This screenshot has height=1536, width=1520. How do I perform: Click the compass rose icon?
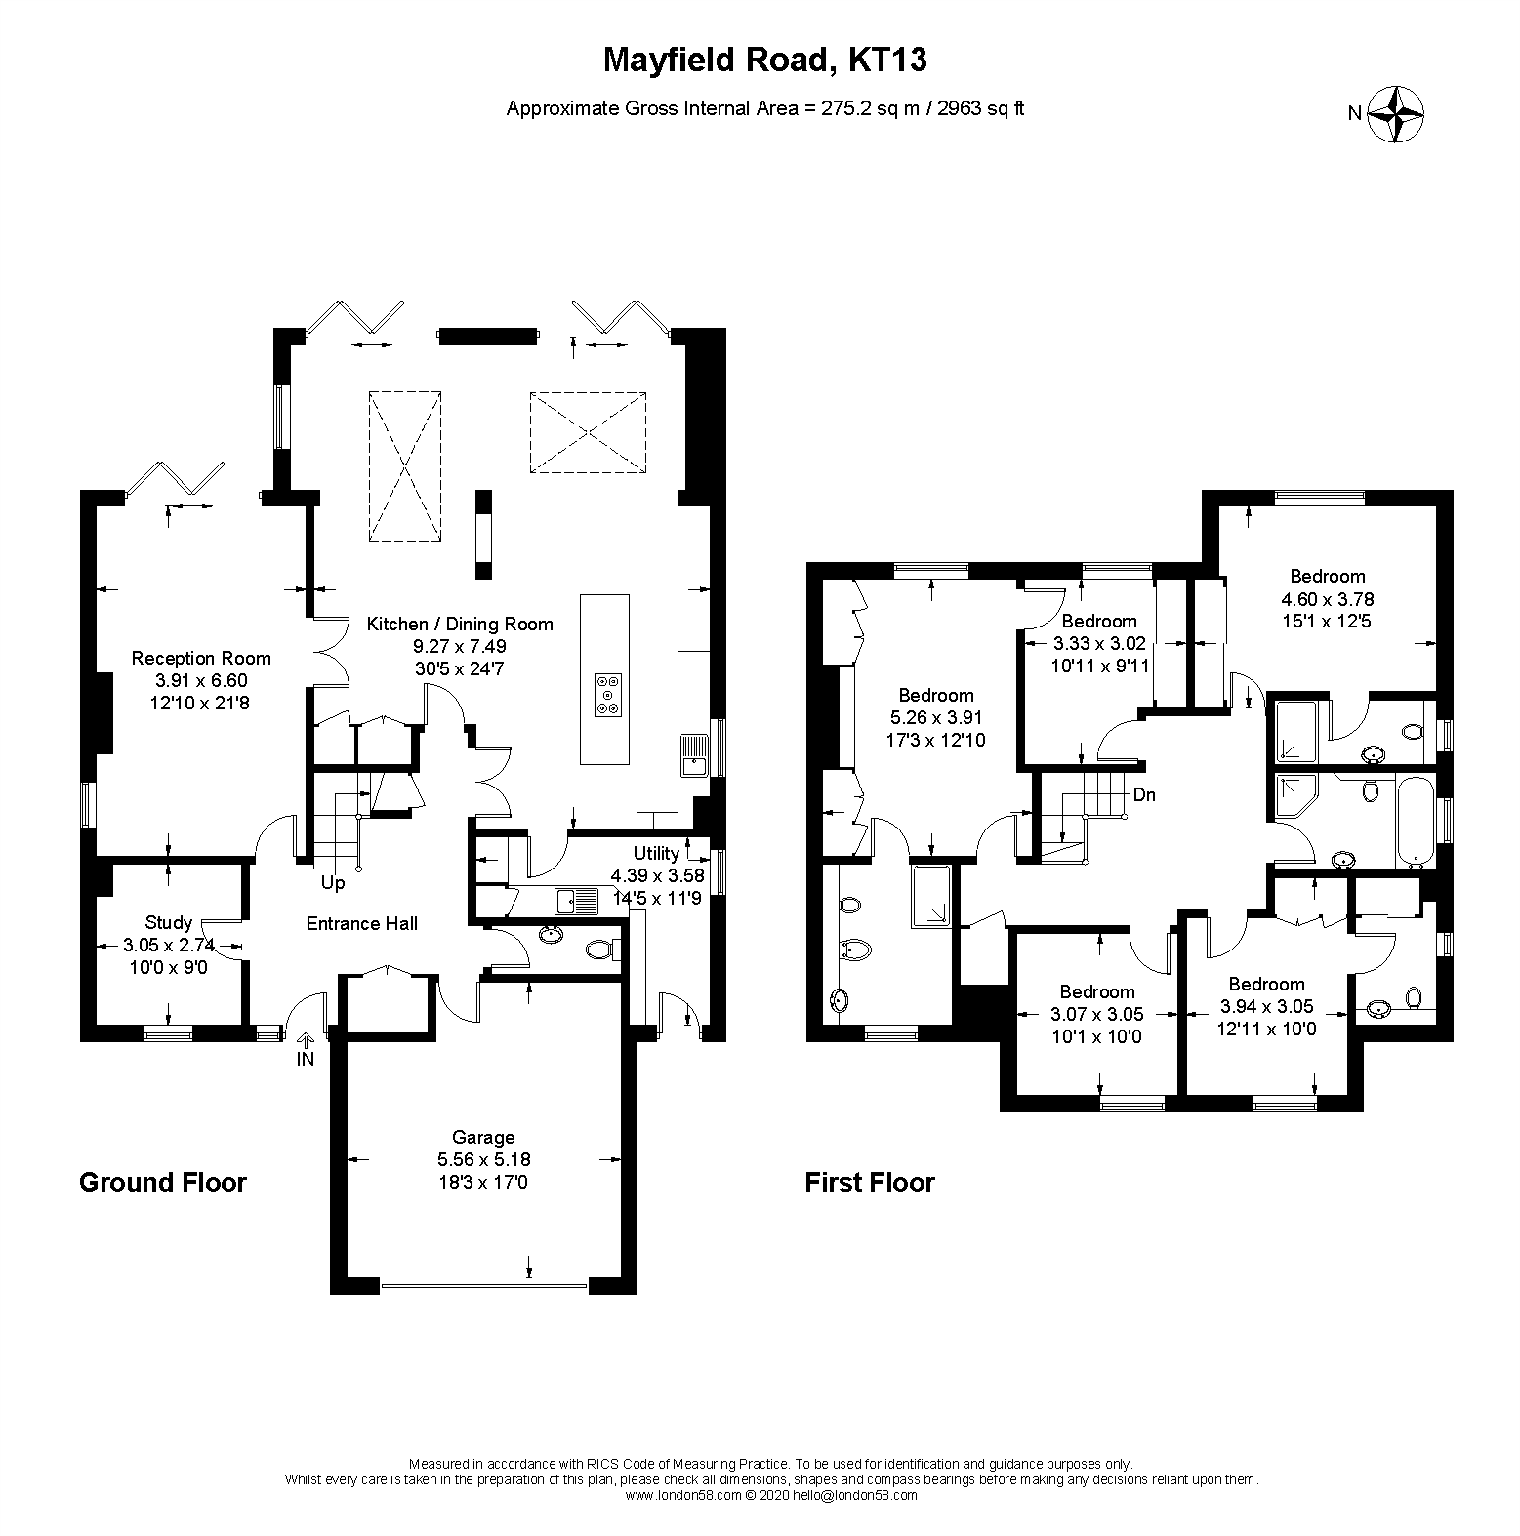point(1395,114)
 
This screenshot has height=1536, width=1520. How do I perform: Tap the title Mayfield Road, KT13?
point(764,61)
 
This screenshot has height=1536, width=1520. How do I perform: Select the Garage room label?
point(483,1137)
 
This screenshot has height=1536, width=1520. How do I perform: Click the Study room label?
point(168,922)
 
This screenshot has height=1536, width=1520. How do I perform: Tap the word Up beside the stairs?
point(333,883)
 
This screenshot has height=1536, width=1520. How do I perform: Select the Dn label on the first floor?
point(1144,794)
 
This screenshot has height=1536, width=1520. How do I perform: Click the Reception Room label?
point(201,658)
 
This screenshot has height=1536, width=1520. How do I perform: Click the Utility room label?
point(657,853)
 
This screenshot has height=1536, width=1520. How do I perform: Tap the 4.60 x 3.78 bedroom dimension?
point(1327,599)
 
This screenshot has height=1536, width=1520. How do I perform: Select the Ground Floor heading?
point(162,1183)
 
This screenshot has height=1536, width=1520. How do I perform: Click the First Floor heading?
point(869,1183)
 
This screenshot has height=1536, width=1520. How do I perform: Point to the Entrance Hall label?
point(361,923)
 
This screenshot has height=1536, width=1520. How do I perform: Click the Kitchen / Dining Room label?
point(459,624)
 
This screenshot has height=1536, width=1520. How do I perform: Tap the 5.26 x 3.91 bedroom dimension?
point(935,717)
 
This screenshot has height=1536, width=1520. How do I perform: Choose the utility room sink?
point(577,899)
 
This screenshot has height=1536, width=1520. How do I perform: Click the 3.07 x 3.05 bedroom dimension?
point(1096,1015)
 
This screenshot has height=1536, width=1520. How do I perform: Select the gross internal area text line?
point(764,108)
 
